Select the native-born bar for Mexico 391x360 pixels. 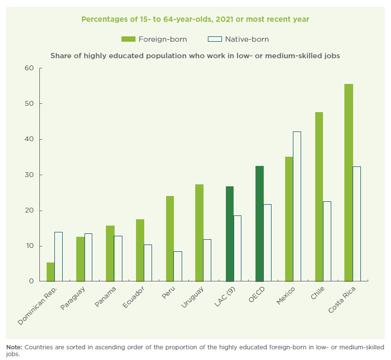[x=297, y=206]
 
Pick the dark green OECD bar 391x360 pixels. [x=259, y=224]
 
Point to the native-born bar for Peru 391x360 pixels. [x=178, y=266]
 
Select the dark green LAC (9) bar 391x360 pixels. [x=230, y=234]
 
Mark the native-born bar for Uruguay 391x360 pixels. [x=207, y=260]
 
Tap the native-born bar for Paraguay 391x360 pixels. [x=88, y=257]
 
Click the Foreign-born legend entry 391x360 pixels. [x=154, y=39]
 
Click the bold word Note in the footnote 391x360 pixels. [x=14, y=347]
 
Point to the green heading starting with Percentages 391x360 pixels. [x=195, y=19]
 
